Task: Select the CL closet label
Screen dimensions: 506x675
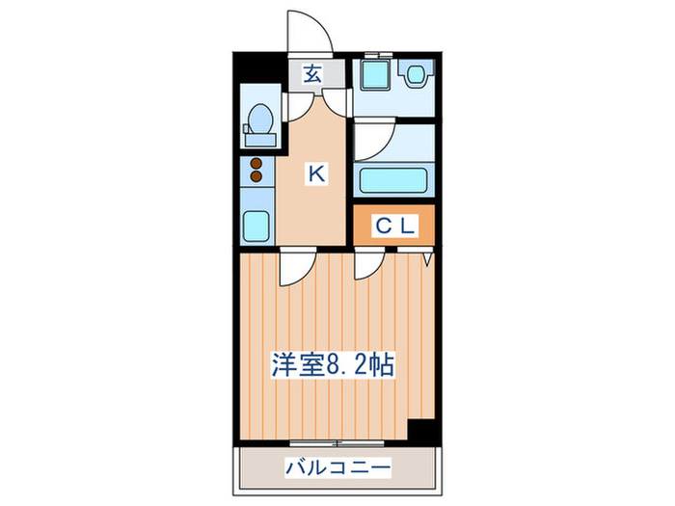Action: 393,226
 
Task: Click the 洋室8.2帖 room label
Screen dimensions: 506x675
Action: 333,365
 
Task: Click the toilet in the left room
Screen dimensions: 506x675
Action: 258,120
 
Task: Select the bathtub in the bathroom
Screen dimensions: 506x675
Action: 393,179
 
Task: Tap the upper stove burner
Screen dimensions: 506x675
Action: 256,164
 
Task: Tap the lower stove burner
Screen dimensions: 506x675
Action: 256,177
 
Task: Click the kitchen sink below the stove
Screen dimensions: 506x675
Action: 257,226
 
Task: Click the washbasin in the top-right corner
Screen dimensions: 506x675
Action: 417,73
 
